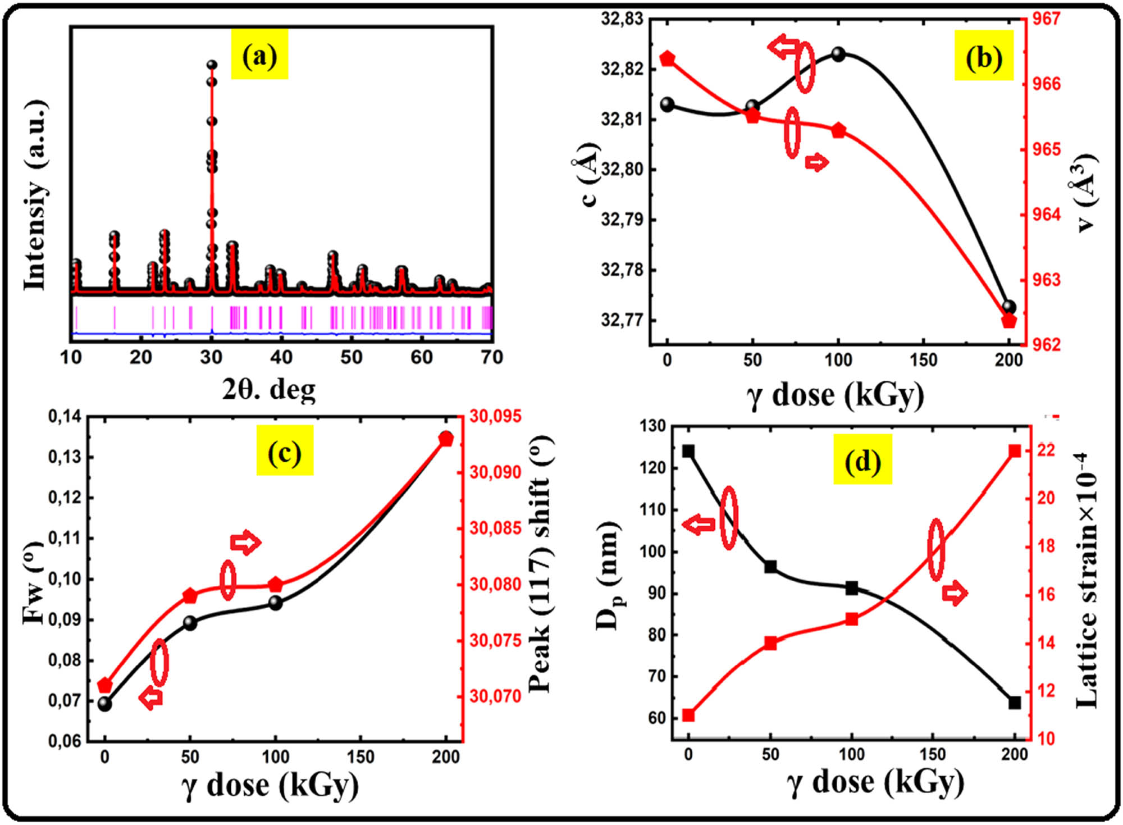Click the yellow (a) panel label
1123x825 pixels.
[x=259, y=55]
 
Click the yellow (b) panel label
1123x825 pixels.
[x=984, y=56]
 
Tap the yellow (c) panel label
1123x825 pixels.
[x=285, y=450]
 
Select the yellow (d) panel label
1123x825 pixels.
[x=862, y=459]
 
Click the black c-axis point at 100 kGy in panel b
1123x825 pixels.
[x=838, y=54]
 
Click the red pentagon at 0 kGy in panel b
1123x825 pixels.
[x=667, y=58]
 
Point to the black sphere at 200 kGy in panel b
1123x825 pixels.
[x=1009, y=307]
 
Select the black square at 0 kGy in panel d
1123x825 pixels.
[x=688, y=452]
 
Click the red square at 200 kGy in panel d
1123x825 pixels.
[x=1015, y=451]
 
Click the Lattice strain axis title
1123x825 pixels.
[x=1087, y=581]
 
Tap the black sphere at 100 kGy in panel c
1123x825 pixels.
[x=275, y=603]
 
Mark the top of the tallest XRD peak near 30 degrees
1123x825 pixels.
[x=212, y=65]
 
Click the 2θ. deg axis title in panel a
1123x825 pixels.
[x=268, y=389]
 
